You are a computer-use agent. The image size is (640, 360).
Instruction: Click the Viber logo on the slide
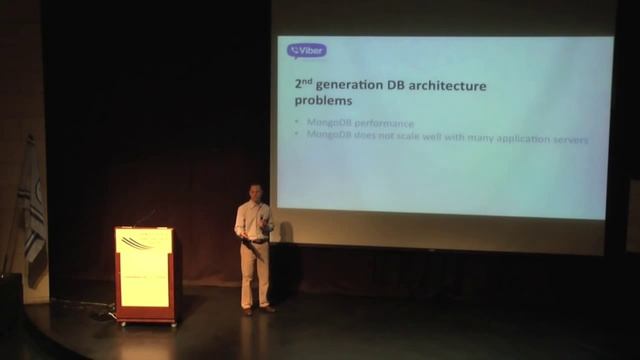point(306,50)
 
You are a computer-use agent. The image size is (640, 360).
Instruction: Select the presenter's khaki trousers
point(255,272)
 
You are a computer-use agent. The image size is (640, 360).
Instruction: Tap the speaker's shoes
point(257,310)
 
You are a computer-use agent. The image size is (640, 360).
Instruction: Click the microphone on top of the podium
point(144,217)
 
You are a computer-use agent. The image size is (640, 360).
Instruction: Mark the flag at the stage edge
point(32,215)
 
